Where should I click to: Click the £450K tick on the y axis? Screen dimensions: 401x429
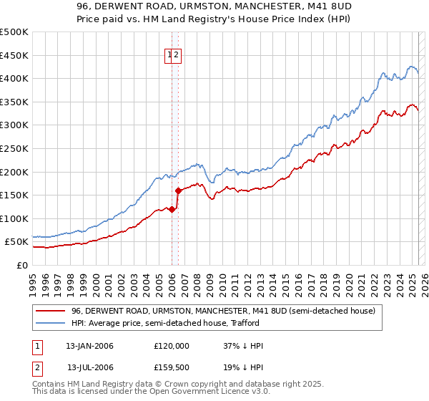click(x=14, y=55)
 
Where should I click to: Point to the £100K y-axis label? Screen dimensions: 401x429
click(x=14, y=218)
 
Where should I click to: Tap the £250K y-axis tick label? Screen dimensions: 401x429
click(x=14, y=148)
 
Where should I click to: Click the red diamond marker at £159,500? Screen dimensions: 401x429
click(x=178, y=190)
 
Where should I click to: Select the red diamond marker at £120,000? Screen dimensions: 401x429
click(x=172, y=209)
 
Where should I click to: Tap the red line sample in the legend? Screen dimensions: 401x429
click(x=51, y=311)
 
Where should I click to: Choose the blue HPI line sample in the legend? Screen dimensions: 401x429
click(x=51, y=323)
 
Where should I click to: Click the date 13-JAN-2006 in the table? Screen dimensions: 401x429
click(x=89, y=346)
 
